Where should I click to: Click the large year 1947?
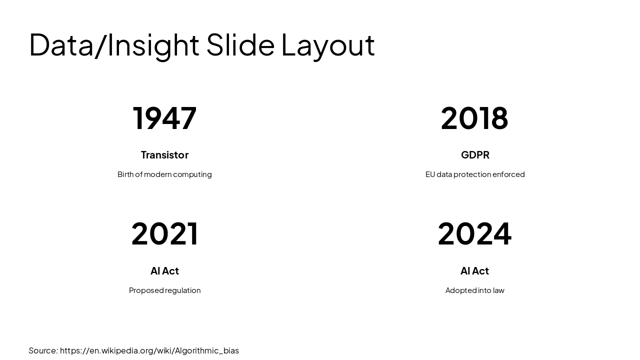click(x=164, y=118)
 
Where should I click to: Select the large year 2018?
click(x=474, y=118)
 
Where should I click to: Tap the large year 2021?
click(x=164, y=234)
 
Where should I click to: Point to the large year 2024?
click(x=474, y=234)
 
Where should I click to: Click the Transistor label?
click(x=164, y=155)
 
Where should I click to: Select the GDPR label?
click(x=475, y=155)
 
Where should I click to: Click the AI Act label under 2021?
click(x=164, y=271)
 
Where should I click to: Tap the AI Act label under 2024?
click(x=474, y=271)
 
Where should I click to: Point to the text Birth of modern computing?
click(x=164, y=174)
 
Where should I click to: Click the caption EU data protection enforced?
click(x=475, y=174)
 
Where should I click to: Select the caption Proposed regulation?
click(x=164, y=290)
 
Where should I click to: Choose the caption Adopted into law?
click(x=474, y=290)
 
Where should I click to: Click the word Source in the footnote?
click(x=42, y=350)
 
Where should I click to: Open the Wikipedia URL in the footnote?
click(x=149, y=350)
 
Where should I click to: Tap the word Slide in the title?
click(x=240, y=45)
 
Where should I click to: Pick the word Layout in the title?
click(x=327, y=45)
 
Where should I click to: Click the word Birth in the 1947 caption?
click(x=125, y=174)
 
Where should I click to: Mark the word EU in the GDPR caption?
click(x=430, y=174)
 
